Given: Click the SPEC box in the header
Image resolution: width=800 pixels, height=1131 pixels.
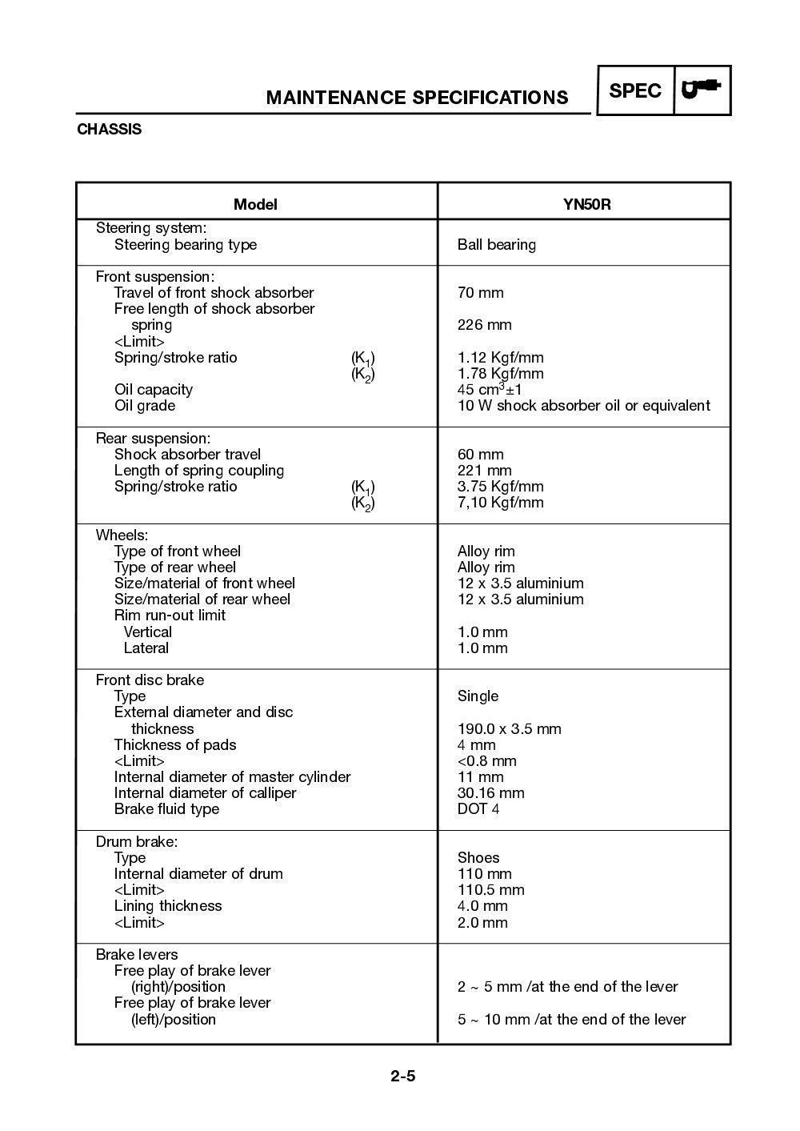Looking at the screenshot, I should point(635,91).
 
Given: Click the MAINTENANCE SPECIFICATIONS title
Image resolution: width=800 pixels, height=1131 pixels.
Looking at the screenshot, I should point(417,98).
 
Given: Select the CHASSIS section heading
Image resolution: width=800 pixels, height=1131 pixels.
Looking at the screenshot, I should point(109,130).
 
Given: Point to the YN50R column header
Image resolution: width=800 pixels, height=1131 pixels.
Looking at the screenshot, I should point(586,204).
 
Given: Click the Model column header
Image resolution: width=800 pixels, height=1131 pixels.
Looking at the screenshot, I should point(255,204).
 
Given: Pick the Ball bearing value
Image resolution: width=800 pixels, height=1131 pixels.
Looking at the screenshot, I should point(496,245).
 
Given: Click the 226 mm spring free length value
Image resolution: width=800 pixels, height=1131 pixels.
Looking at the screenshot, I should point(484,325).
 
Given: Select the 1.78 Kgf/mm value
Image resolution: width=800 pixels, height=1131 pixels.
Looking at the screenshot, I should point(500,374).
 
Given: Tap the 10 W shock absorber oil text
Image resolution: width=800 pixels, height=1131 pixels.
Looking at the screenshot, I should point(583,406).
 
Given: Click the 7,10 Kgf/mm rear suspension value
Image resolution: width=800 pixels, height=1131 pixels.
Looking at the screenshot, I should point(500,503).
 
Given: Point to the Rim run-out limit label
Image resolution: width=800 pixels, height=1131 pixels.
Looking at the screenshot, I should point(170,616).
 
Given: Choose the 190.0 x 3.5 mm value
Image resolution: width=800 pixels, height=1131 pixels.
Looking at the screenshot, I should point(509,729).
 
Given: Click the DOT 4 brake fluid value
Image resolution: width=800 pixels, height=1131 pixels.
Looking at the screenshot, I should point(478,809).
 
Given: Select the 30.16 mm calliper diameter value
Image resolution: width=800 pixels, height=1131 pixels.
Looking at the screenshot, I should point(490,793).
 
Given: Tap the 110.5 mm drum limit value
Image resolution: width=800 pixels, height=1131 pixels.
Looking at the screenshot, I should point(490,890).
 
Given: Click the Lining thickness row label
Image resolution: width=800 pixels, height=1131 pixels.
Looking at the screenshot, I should point(168,906).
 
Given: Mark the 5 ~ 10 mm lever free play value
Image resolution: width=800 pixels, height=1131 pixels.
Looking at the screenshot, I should point(571,1020).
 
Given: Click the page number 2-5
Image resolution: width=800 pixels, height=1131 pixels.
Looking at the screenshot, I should point(403,1076).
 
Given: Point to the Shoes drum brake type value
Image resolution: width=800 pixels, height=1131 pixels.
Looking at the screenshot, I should point(478,858).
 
